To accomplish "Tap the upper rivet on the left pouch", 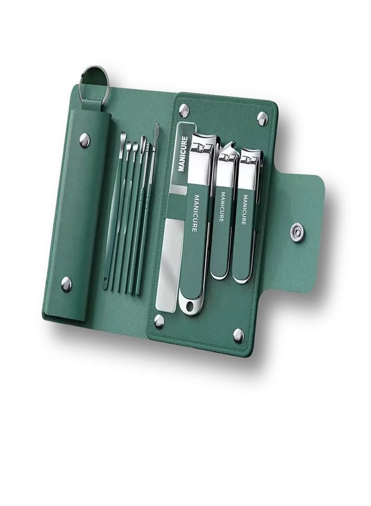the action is (x=84, y=141).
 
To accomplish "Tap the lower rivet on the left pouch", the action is (x=66, y=284).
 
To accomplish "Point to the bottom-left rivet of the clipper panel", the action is (x=159, y=321).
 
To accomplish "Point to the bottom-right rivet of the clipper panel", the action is (x=238, y=336).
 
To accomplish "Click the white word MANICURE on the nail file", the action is (x=183, y=153).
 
